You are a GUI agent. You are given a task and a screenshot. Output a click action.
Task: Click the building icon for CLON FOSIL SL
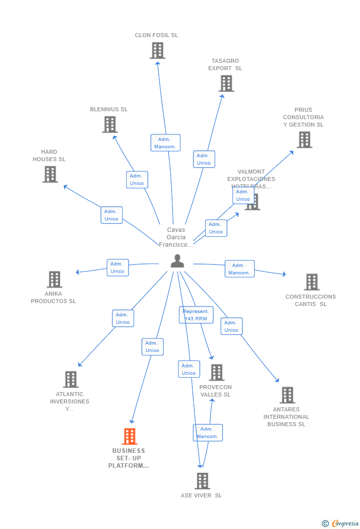(157, 50)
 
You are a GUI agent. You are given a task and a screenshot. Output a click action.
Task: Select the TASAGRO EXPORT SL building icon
(226, 84)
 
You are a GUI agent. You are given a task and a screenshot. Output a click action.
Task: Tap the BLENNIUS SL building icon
(110, 125)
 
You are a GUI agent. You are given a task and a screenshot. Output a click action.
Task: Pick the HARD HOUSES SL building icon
(50, 174)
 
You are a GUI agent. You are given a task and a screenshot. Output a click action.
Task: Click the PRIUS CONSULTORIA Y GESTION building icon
(304, 140)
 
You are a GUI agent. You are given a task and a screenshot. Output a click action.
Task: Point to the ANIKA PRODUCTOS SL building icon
(54, 279)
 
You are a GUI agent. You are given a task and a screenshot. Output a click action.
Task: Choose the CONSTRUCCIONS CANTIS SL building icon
(312, 282)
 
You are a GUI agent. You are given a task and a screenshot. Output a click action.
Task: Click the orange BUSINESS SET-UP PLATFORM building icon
(130, 437)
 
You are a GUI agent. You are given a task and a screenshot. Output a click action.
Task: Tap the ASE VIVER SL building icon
(202, 481)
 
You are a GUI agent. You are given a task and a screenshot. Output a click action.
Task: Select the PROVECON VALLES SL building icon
(216, 373)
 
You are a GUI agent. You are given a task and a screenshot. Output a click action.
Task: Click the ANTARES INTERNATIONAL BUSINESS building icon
(287, 395)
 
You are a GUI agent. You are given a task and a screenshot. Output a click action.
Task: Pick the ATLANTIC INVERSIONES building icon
(71, 380)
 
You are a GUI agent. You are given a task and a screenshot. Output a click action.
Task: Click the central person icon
(177, 261)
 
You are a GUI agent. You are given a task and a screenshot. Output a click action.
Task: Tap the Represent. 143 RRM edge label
(196, 315)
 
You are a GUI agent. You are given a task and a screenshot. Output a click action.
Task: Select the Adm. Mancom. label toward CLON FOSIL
(165, 143)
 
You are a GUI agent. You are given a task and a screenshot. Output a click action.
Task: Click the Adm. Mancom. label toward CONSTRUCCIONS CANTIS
(239, 269)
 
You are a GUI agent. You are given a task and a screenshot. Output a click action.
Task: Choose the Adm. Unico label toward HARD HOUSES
(111, 215)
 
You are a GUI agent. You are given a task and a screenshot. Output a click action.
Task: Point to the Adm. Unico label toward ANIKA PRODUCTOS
(117, 267)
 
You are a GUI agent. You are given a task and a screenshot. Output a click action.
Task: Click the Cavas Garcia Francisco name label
(176, 237)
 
